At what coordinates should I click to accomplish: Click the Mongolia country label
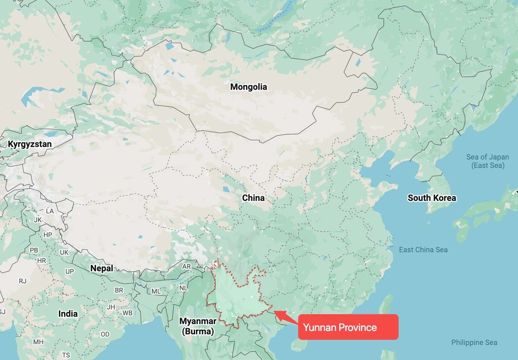click(x=248, y=87)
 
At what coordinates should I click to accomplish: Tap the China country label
click(x=253, y=198)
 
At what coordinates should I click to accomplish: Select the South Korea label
click(x=432, y=198)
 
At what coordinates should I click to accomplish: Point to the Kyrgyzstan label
click(x=30, y=144)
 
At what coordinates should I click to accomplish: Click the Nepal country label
click(x=101, y=268)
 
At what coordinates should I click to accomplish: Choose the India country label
click(x=68, y=314)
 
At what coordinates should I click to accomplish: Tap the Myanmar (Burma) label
click(x=198, y=326)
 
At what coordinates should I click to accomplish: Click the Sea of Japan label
click(x=488, y=161)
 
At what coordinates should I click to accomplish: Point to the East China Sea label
click(x=423, y=250)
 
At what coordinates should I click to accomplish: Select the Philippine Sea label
click(x=474, y=342)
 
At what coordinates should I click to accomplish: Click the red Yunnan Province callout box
click(x=348, y=327)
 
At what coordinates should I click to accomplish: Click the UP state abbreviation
click(x=70, y=272)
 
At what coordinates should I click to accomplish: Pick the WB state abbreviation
click(x=127, y=313)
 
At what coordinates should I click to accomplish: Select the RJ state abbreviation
click(x=23, y=281)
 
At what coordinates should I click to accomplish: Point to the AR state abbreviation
click(x=186, y=267)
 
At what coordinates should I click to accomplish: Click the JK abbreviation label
click(x=38, y=220)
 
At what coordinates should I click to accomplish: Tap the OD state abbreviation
click(x=105, y=334)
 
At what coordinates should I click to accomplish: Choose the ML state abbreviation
click(x=156, y=291)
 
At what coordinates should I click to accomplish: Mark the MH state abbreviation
click(x=38, y=342)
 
